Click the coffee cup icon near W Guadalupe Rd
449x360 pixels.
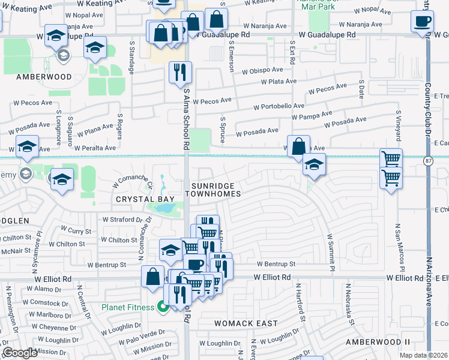tap(422, 22)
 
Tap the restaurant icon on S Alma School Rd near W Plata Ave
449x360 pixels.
tap(181, 73)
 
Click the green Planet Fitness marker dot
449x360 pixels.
tap(162, 308)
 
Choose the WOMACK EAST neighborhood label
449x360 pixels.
tap(246, 323)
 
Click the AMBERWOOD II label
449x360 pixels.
tap(378, 341)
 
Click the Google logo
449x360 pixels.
tap(20, 353)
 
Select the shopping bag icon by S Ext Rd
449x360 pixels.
tap(298, 146)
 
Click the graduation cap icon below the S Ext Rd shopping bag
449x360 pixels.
tap(313, 164)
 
